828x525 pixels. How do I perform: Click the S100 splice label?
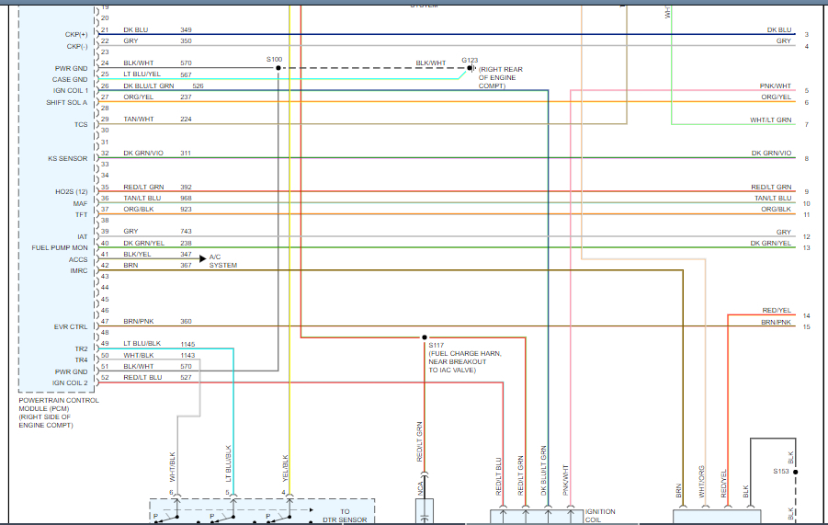click(275, 60)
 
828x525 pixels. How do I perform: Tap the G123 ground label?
click(470, 60)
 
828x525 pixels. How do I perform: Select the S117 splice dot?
click(424, 337)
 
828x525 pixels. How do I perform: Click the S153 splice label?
click(780, 472)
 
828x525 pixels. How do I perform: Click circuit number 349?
click(186, 30)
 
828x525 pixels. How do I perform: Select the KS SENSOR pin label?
click(68, 158)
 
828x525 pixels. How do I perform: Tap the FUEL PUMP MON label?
click(60, 247)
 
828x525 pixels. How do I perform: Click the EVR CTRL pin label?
click(70, 326)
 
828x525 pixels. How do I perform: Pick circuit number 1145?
click(187, 344)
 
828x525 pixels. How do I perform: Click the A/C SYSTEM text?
click(222, 261)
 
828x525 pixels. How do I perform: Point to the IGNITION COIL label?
click(600, 515)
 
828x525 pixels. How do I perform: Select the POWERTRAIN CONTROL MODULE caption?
click(58, 408)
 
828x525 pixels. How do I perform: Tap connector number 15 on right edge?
click(806, 326)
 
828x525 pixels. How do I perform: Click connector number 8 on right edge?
click(806, 158)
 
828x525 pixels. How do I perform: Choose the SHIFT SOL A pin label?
click(67, 102)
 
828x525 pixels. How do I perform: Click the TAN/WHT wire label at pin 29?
click(139, 119)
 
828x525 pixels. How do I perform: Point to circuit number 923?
click(187, 210)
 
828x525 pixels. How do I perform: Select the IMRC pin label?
click(79, 270)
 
